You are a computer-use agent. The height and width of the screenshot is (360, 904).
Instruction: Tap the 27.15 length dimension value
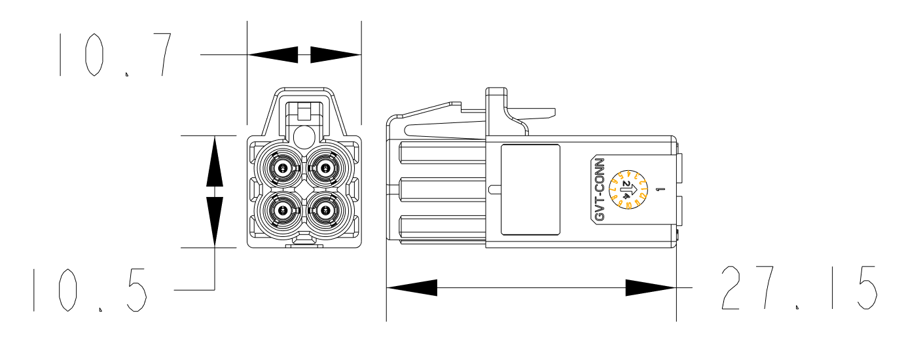coord(799,287)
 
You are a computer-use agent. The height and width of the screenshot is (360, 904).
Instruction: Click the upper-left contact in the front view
coord(282,168)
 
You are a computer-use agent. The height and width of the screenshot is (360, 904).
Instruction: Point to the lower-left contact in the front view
coord(282,210)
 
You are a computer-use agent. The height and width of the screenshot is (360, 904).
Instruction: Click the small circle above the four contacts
coord(304,137)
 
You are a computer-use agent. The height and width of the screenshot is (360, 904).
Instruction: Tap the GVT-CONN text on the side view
coord(599,190)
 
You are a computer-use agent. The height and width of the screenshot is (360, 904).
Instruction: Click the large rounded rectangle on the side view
coord(530,189)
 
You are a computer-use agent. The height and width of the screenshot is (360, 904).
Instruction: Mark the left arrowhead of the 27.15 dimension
coord(412,287)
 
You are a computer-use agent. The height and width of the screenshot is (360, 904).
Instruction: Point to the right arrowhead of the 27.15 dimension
coord(651,287)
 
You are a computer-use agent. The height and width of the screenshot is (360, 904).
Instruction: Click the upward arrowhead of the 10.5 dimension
coord(215,160)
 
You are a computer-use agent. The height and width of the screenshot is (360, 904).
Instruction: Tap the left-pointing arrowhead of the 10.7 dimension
coord(273,55)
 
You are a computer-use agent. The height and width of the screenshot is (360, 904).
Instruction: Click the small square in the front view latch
coord(304,111)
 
